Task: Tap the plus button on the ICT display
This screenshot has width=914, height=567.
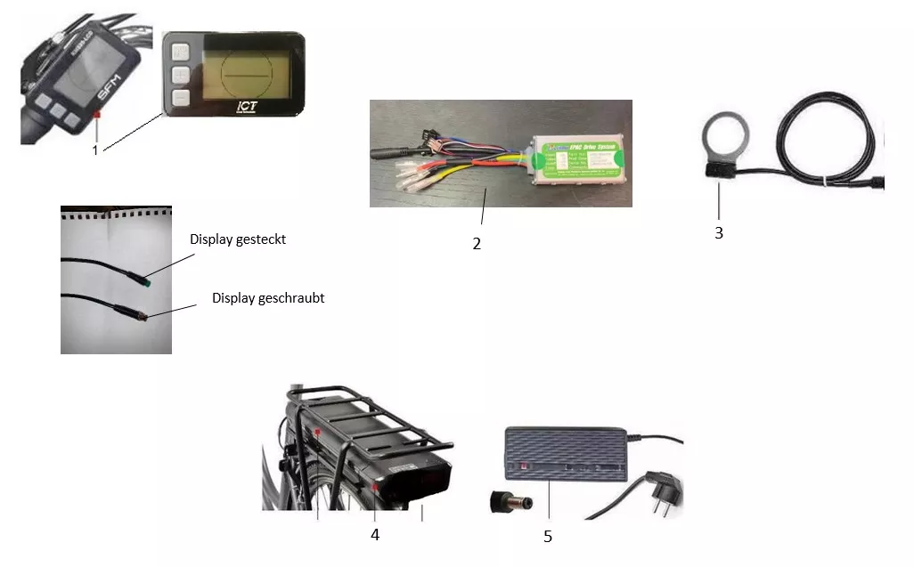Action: (181, 75)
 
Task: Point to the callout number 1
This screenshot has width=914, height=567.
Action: (95, 150)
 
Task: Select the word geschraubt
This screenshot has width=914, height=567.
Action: (290, 298)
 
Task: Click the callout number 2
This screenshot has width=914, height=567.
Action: (477, 243)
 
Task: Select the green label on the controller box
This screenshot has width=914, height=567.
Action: (575, 158)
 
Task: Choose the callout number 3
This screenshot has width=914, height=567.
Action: (719, 233)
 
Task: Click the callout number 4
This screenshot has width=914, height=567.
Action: (375, 535)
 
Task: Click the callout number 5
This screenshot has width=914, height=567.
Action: (548, 536)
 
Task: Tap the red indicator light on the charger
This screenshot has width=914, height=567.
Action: (526, 466)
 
